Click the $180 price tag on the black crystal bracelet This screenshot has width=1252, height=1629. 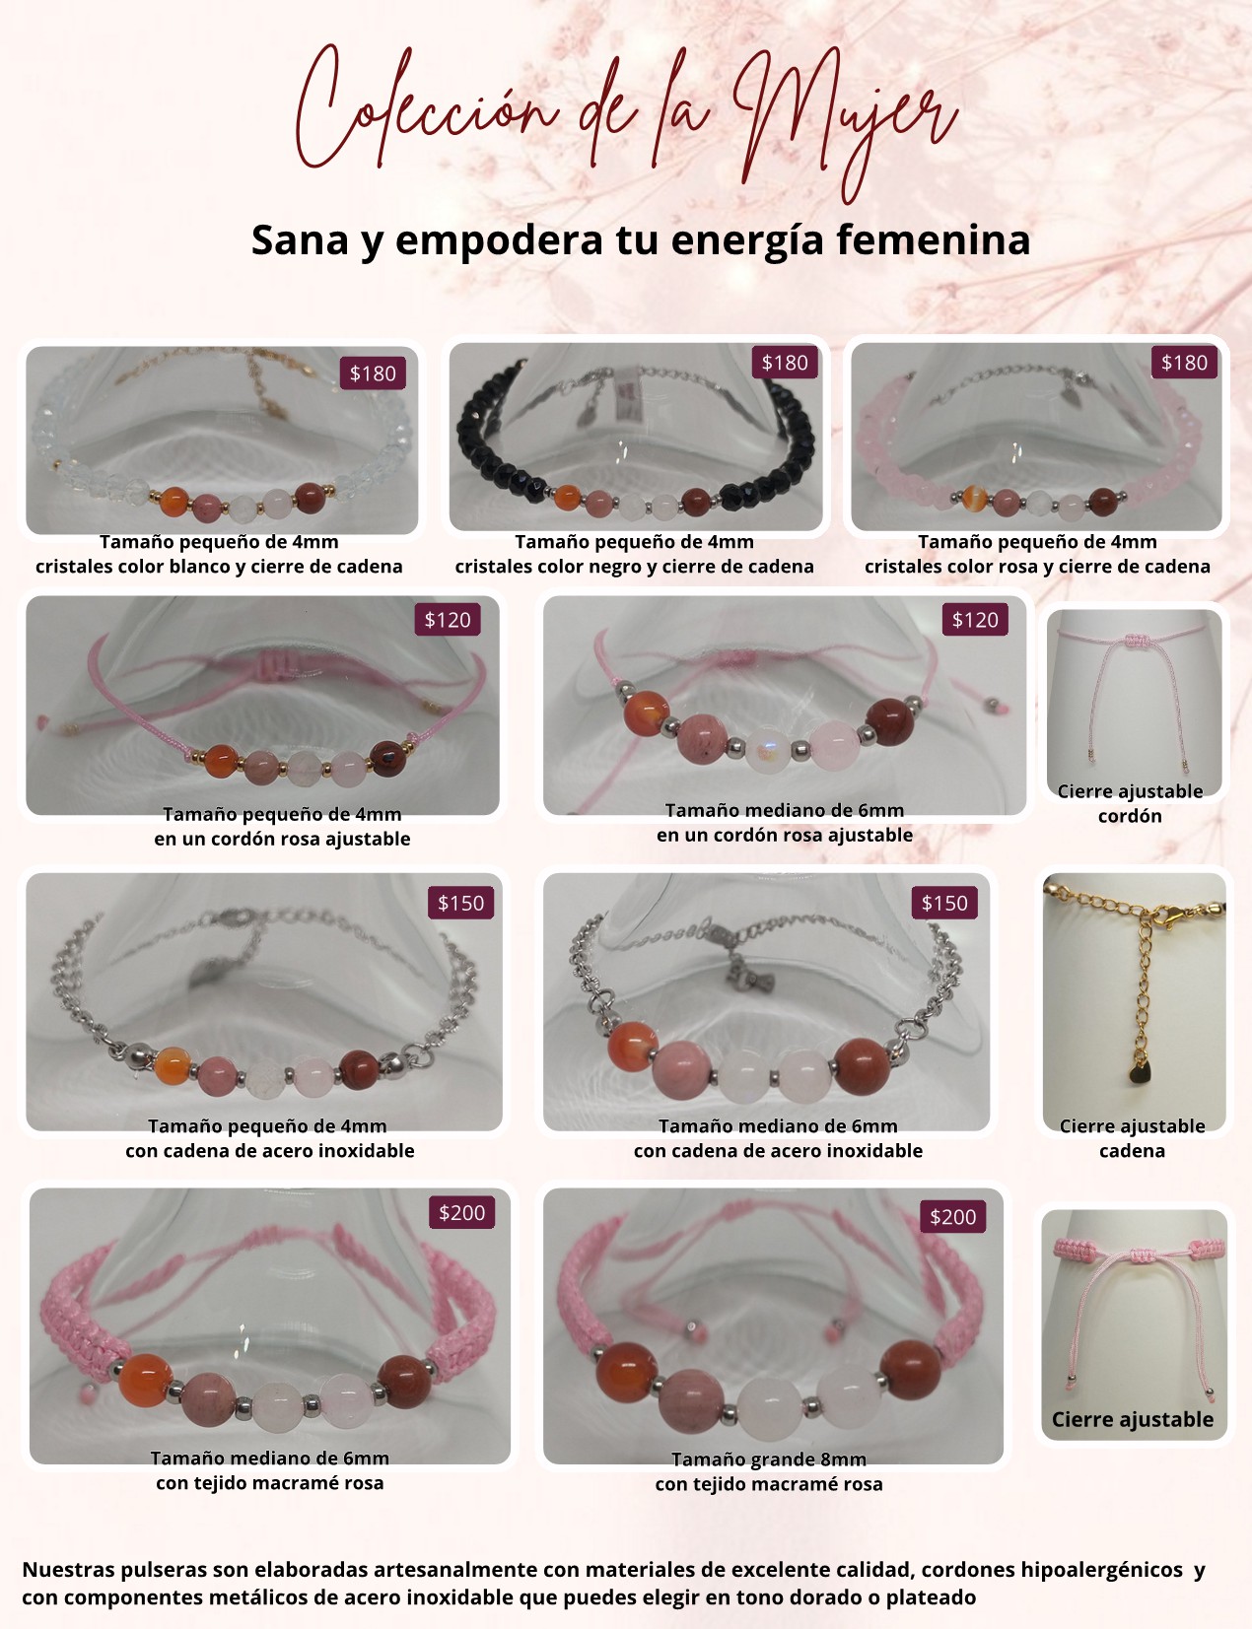click(784, 363)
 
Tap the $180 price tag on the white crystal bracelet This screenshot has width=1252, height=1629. click(373, 373)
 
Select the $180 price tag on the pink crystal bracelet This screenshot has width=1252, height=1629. click(1185, 363)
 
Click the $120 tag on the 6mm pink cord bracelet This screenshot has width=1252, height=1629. click(975, 620)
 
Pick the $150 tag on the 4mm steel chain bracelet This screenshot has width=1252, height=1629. click(461, 903)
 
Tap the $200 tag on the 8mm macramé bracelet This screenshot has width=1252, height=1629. click(953, 1217)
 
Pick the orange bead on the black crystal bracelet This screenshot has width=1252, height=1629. click(567, 497)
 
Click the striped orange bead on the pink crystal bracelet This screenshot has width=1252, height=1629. click(977, 499)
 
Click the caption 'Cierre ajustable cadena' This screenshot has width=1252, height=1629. click(1132, 1138)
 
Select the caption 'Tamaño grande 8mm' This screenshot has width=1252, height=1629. click(769, 1459)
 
